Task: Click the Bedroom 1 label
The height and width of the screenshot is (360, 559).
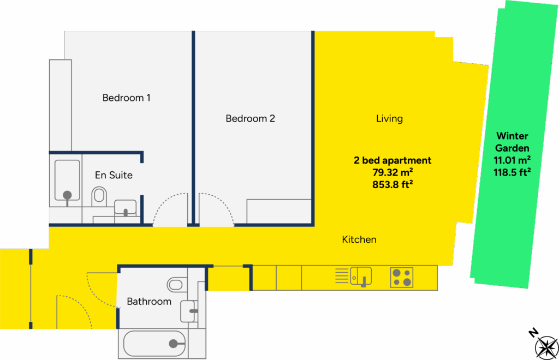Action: tap(126, 98)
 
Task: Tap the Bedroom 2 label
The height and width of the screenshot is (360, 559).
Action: tap(250, 118)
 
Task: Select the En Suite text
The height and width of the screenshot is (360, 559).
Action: tap(114, 175)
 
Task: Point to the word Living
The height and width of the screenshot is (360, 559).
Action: tap(389, 118)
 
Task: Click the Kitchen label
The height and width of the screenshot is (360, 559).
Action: tap(359, 239)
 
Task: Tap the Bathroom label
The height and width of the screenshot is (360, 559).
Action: tap(149, 301)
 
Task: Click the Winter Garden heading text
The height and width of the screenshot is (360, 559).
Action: tap(512, 142)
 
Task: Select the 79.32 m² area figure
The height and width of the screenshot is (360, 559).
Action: tap(393, 172)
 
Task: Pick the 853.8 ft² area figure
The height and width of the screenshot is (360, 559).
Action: tap(393, 184)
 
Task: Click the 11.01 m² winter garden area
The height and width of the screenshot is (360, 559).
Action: tap(512, 160)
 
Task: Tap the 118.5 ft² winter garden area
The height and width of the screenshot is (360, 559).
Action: tap(512, 172)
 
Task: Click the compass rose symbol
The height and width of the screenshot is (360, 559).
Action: tap(546, 347)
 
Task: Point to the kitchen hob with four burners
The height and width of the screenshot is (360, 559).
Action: tap(402, 278)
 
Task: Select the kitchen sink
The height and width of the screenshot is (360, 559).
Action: tap(361, 277)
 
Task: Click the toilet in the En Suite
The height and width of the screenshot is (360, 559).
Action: tap(99, 196)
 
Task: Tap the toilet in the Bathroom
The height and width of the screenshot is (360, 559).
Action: tap(176, 285)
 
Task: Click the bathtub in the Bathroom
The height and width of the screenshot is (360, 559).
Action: tap(154, 344)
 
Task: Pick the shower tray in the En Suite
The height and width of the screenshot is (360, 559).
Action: tap(67, 181)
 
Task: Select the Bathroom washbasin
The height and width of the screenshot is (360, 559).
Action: tap(188, 311)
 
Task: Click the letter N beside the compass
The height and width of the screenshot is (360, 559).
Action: tap(533, 333)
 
